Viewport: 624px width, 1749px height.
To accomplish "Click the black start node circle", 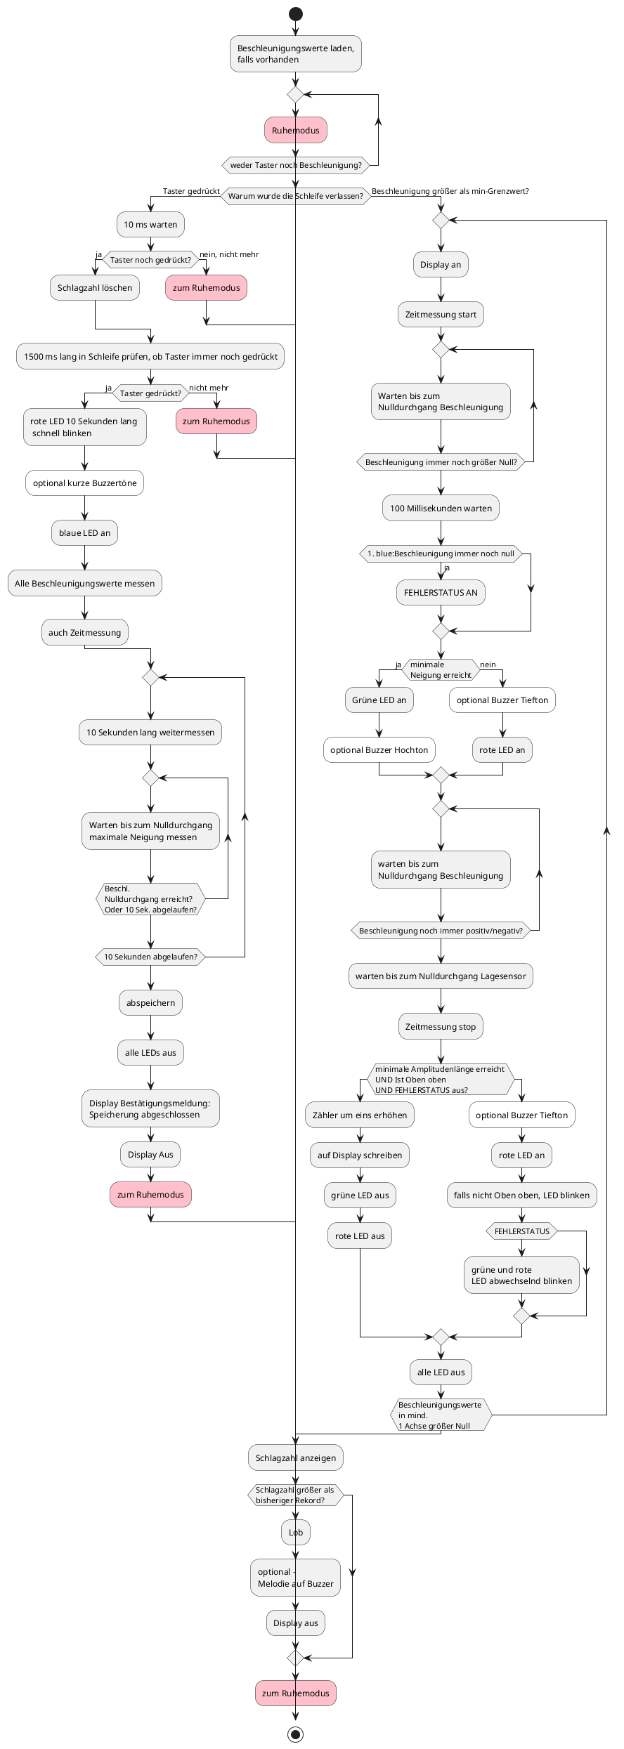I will (296, 14).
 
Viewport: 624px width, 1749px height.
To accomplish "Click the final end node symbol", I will (296, 1734).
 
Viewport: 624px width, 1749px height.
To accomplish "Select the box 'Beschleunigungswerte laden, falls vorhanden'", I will (296, 54).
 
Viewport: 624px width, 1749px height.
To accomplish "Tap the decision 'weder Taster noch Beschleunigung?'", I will (296, 165).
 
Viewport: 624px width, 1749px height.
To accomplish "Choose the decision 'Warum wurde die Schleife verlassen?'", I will (296, 196).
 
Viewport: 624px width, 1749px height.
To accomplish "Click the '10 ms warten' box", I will (150, 225).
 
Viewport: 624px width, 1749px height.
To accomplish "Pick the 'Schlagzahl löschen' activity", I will (95, 288).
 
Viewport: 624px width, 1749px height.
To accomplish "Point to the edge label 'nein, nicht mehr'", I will (229, 254).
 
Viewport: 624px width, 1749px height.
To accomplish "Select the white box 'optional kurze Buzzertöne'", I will (85, 483).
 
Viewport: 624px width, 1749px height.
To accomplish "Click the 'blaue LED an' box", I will (85, 533).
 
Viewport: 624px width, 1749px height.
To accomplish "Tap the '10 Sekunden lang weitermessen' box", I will (150, 733).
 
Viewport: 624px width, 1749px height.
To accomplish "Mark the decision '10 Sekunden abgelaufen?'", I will (150, 957).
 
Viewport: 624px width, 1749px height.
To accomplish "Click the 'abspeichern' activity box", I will (150, 1003).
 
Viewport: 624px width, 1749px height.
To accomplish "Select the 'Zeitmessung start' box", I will (441, 315).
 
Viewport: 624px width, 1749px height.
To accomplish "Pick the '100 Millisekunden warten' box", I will (441, 509).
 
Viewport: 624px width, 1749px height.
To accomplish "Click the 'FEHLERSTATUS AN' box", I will (441, 593).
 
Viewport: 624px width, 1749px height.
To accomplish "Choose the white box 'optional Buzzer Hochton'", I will (379, 750).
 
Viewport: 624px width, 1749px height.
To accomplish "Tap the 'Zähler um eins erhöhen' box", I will (360, 1115).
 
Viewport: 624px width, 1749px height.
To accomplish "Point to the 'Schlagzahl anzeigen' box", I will (296, 1458).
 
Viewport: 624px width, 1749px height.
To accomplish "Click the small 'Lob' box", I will (296, 1533).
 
